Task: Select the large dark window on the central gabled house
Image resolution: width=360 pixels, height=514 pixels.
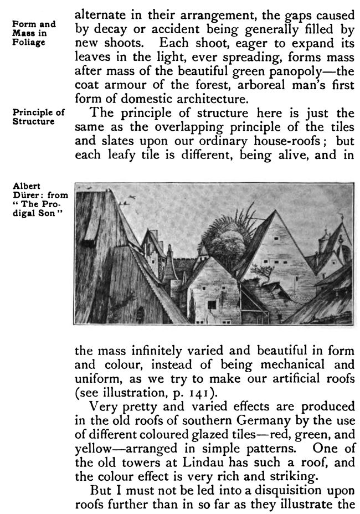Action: coord(212,304)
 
